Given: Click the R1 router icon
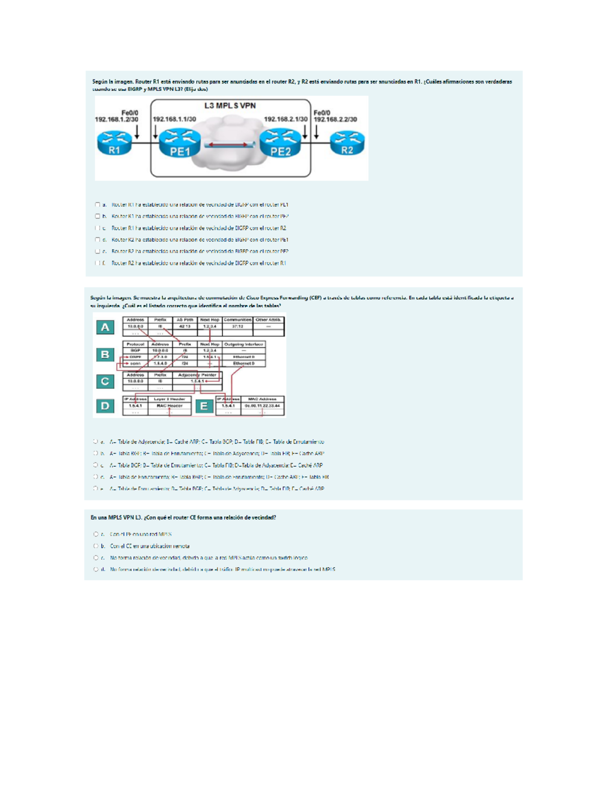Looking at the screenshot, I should pyautogui.click(x=114, y=143).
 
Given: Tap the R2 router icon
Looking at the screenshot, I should pyautogui.click(x=347, y=143).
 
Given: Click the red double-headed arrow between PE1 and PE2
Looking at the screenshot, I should pyautogui.click(x=226, y=145).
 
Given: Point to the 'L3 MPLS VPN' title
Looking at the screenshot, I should pyautogui.click(x=230, y=106).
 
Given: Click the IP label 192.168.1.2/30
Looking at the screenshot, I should pyautogui.click(x=116, y=119).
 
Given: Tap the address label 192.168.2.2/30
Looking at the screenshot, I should pyautogui.click(x=335, y=119).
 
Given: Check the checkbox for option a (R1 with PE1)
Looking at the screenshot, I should pyautogui.click(x=98, y=204).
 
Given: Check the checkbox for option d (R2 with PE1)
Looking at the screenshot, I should pyautogui.click(x=98, y=239).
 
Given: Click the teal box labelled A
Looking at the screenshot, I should pyautogui.click(x=105, y=327).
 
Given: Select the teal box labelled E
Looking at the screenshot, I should pyautogui.click(x=204, y=406).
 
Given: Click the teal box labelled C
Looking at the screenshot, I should pyautogui.click(x=105, y=381).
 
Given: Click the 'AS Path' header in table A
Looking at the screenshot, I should pyautogui.click(x=185, y=320).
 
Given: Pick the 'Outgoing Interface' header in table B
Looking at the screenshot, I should pyautogui.click(x=243, y=344).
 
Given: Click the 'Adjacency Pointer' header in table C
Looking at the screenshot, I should pyautogui.click(x=197, y=375).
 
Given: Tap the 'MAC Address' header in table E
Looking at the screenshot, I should pyautogui.click(x=263, y=399).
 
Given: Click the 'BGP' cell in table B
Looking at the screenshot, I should pyautogui.click(x=136, y=350).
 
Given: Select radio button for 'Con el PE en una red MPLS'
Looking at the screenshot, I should pyautogui.click(x=96, y=534).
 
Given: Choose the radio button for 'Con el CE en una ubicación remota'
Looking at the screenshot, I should pyautogui.click(x=96, y=546).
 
